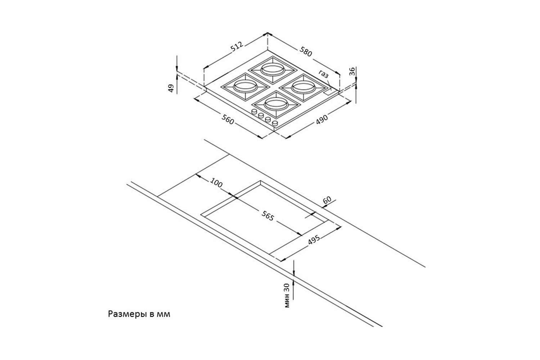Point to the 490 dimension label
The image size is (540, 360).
click(x=321, y=119)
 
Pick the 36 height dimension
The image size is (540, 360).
click(x=352, y=71)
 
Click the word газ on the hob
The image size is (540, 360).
click(x=323, y=75)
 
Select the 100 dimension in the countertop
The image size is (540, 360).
click(x=216, y=183)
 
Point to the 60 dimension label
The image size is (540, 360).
click(x=328, y=201)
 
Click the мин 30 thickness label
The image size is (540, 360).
click(x=287, y=296)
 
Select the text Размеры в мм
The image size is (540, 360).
click(x=139, y=314)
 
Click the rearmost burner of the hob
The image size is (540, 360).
click(x=272, y=68)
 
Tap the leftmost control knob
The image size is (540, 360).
click(x=254, y=112)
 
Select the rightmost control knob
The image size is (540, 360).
click(x=275, y=123)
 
